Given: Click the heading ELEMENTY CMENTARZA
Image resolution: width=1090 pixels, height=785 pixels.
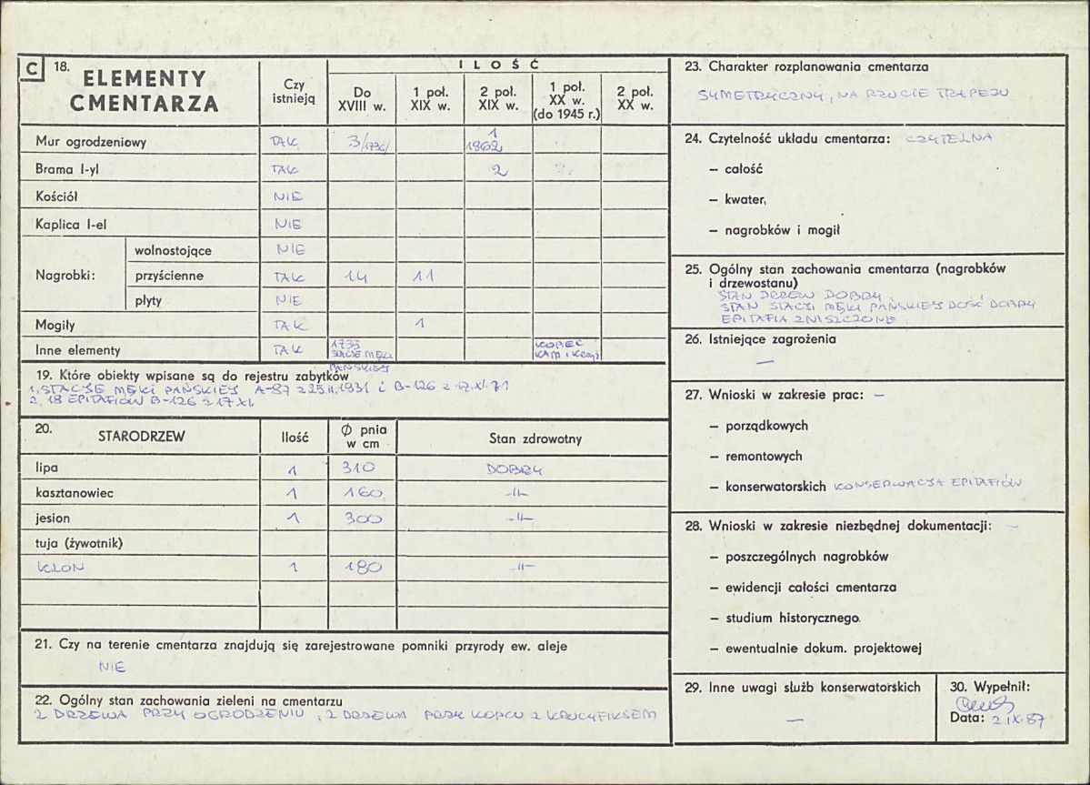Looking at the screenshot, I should [x=145, y=91].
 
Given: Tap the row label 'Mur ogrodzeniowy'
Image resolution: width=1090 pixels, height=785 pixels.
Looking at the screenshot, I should [x=91, y=142].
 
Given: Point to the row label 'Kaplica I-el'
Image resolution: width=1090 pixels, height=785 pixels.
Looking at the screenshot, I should [x=77, y=223].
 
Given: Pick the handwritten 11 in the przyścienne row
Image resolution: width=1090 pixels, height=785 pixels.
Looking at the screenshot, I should [x=422, y=277].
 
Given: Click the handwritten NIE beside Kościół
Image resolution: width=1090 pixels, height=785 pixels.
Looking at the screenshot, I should [x=288, y=196].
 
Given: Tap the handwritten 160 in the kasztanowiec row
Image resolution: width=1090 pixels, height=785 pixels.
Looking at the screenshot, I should [x=362, y=494].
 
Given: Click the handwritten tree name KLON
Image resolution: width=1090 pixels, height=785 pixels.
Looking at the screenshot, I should [x=60, y=568].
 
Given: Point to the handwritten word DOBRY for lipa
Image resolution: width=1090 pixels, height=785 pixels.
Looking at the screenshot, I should [x=514, y=470].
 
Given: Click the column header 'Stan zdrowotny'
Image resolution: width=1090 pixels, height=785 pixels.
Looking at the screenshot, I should [x=535, y=438].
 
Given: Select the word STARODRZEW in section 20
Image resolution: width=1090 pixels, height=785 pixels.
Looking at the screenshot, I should [x=141, y=437].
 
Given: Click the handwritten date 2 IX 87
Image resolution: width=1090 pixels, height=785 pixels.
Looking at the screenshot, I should [x=1017, y=720].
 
